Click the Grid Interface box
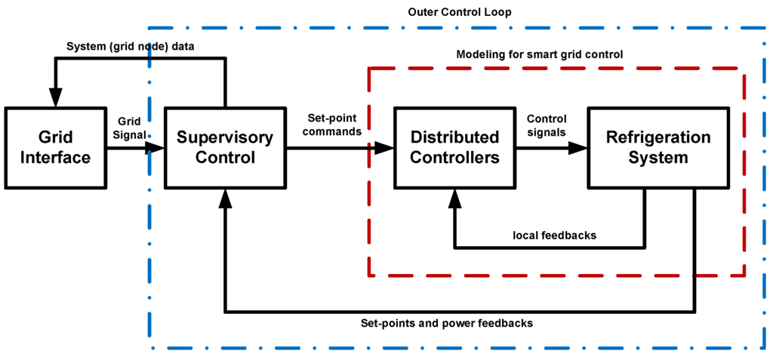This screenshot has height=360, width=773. pos(55,148)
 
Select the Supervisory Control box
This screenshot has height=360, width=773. pos(224,148)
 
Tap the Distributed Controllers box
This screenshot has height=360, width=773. pos(454,148)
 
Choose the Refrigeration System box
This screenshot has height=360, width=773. pos(658,148)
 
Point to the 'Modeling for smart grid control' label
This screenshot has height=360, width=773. pos(539,55)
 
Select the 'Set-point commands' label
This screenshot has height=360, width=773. pos(334,125)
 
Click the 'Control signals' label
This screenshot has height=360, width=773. pos(547,125)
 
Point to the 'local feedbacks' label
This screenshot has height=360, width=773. pos(554,235)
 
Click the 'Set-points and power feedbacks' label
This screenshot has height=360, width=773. pos(448,323)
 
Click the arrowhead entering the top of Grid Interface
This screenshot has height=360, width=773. pos(55,99)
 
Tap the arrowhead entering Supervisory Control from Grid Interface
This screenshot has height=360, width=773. pos(156,148)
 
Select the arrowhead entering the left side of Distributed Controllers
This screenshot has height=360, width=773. pos(386,148)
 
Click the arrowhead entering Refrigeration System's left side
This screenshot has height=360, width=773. pos(579,148)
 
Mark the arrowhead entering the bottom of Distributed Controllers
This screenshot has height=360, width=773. pos(454,198)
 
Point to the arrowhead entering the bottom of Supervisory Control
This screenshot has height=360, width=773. pos(225,198)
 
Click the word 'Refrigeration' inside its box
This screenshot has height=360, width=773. pos(658,138)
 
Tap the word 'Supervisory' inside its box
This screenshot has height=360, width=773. pos(224,138)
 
